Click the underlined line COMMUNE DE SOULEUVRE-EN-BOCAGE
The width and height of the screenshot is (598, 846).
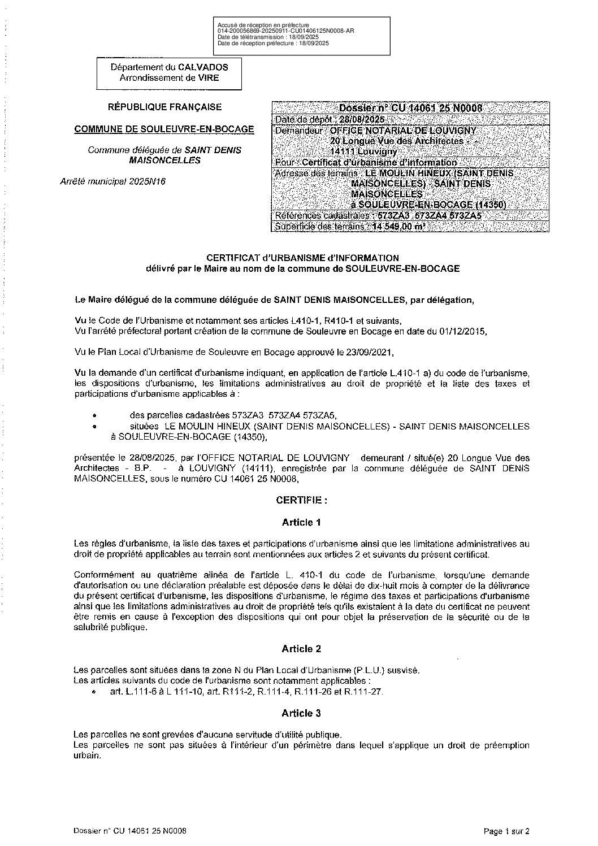pyautogui.click(x=164, y=129)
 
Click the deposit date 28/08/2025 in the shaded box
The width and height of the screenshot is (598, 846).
pyautogui.click(x=361, y=119)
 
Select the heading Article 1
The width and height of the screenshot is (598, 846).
pyautogui.click(x=301, y=522)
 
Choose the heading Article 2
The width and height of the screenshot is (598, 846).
pyautogui.click(x=301, y=649)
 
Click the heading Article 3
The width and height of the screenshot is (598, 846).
pyautogui.click(x=301, y=713)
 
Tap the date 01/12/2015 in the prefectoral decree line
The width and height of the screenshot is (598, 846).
pyautogui.click(x=460, y=331)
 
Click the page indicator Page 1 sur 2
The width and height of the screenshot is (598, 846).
pyautogui.click(x=507, y=831)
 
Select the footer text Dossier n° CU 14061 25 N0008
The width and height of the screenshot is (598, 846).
pyautogui.click(x=130, y=831)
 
